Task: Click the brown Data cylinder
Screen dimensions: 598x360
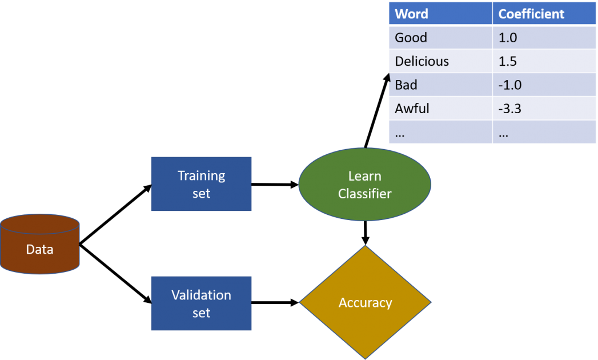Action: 39,244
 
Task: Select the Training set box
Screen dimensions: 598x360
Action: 202,183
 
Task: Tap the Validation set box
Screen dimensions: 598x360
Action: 202,303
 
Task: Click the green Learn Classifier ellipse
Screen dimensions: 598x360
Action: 365,185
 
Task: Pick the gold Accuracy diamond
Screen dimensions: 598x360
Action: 366,302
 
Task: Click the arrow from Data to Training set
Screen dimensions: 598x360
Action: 115,214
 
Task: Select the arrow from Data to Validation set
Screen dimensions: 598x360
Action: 115,274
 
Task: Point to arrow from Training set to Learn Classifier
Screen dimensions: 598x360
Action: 275,185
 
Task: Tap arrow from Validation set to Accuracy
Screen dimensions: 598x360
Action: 275,303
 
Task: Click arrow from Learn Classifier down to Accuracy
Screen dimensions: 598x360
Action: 366,233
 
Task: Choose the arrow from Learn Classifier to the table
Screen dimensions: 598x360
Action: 377,111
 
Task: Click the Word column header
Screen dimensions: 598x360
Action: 440,13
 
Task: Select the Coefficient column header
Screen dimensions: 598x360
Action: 544,13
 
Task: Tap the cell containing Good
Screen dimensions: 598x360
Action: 440,37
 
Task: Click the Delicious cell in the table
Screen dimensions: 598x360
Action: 440,61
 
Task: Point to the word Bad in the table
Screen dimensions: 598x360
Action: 406,85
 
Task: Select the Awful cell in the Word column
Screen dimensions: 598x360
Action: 440,109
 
